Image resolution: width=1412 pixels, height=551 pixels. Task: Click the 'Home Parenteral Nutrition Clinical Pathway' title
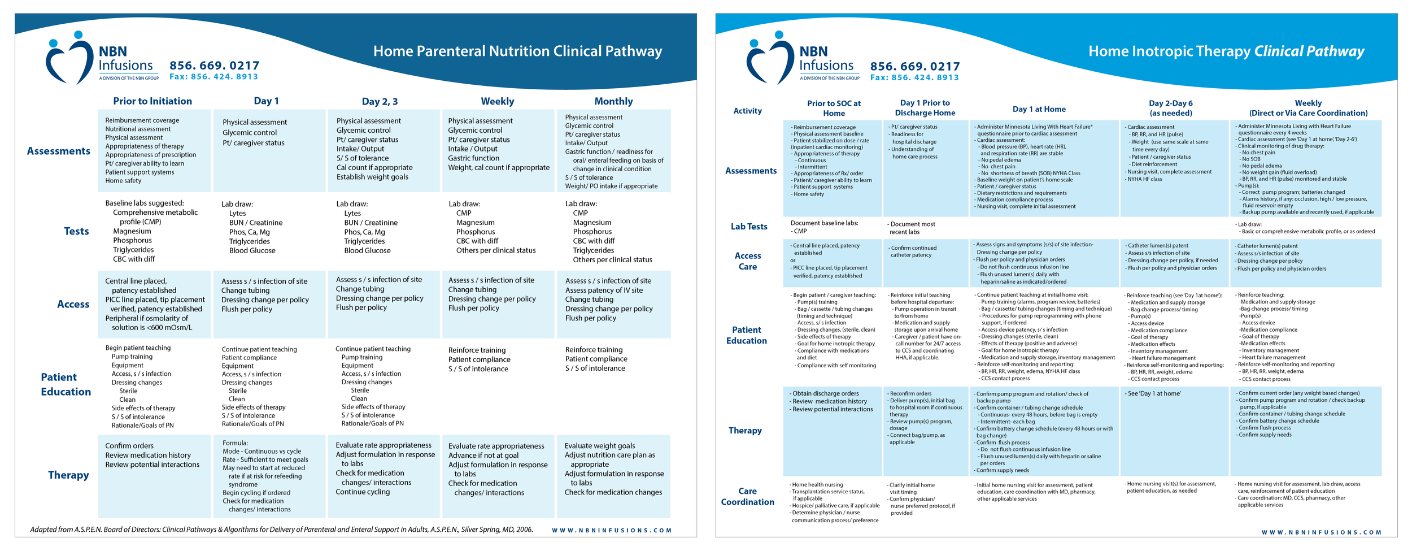517,51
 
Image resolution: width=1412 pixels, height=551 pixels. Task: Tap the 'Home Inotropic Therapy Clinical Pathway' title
1226,51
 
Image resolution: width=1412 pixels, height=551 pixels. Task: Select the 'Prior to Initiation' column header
152,101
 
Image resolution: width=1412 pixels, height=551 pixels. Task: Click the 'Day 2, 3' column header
380,102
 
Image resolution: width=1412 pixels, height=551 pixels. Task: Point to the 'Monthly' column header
613,101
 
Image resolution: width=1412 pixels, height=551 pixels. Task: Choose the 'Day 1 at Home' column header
1039,109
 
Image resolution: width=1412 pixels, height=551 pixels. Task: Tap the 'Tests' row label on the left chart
76,231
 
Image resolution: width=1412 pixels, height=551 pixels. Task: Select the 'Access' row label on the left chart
73,304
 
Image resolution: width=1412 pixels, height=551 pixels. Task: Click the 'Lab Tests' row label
749,227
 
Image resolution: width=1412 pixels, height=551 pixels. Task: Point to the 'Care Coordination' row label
747,496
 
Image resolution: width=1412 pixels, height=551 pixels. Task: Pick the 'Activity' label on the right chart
747,111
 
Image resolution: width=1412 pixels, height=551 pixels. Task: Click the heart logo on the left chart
69,58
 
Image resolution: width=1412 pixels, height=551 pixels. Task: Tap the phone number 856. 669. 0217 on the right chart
915,67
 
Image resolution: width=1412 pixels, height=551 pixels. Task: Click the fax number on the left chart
213,77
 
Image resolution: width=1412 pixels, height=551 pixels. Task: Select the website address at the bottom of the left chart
611,531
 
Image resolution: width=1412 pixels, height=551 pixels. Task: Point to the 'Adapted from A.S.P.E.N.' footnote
281,530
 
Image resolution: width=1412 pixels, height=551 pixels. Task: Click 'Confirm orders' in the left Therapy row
129,446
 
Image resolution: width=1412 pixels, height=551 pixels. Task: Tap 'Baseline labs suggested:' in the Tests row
144,203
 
